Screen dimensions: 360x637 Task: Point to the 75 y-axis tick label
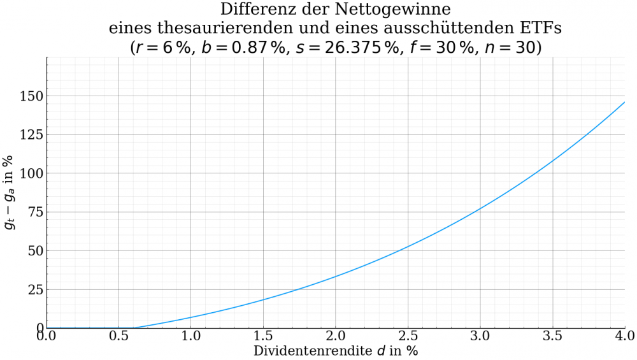34,212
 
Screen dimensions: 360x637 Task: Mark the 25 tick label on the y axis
34,290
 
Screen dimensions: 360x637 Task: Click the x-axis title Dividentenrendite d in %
336,351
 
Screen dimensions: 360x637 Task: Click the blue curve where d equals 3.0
480,208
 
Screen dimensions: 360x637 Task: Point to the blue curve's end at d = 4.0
624,102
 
